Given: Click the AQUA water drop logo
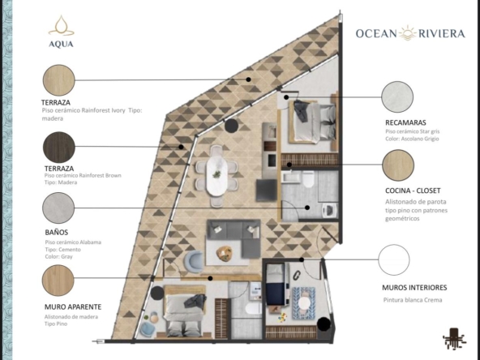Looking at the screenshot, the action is click(x=62, y=26).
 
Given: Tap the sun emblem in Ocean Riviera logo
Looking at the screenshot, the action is click(x=408, y=33).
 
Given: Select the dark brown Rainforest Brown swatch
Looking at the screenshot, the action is click(x=58, y=147).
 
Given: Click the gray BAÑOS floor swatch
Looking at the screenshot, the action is click(x=58, y=208).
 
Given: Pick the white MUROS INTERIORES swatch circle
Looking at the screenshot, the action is click(x=394, y=260).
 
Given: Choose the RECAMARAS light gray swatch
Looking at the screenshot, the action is click(x=397, y=96).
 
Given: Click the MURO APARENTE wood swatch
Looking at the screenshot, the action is click(x=58, y=281).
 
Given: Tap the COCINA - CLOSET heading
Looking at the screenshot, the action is click(x=413, y=191).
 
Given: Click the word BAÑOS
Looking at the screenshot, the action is click(x=56, y=232).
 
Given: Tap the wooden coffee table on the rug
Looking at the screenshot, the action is click(x=224, y=254).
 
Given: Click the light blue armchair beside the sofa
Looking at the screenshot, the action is click(x=194, y=261).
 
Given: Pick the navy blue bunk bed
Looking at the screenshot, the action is click(x=276, y=284).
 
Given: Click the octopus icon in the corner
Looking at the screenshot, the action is click(x=455, y=338).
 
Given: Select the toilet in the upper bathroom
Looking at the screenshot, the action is click(x=308, y=179).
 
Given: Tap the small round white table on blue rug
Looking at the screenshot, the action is click(x=304, y=303).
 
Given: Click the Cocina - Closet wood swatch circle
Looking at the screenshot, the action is click(x=398, y=165).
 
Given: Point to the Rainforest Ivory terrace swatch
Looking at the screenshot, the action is click(x=58, y=80).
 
